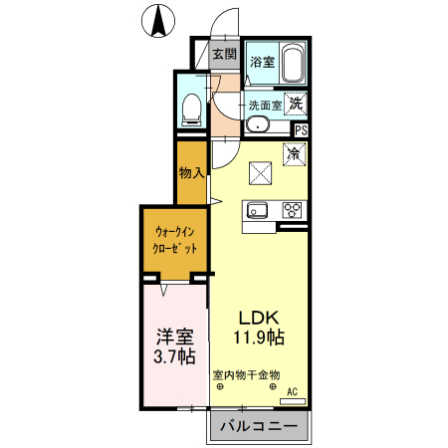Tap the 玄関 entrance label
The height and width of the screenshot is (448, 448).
[224, 55]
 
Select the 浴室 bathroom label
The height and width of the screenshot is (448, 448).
[262, 63]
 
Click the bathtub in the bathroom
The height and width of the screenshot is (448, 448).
[292, 65]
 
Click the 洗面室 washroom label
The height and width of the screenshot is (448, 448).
[264, 104]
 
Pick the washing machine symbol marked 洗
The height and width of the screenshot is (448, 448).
[297, 102]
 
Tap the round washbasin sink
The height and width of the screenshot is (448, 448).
[257, 125]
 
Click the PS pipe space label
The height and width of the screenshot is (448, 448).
[301, 129]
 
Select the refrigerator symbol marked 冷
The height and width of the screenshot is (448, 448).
[294, 154]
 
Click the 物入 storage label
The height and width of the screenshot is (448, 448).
[191, 172]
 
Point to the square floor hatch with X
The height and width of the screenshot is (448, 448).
[261, 172]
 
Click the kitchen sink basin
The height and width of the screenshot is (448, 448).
[258, 210]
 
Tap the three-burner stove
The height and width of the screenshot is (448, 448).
[293, 210]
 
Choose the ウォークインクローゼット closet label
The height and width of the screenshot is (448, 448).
[175, 240]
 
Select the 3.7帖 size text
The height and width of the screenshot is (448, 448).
[173, 357]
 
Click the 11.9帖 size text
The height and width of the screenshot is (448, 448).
[260, 337]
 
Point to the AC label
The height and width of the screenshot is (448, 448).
[294, 391]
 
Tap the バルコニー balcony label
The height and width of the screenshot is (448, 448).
[258, 427]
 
